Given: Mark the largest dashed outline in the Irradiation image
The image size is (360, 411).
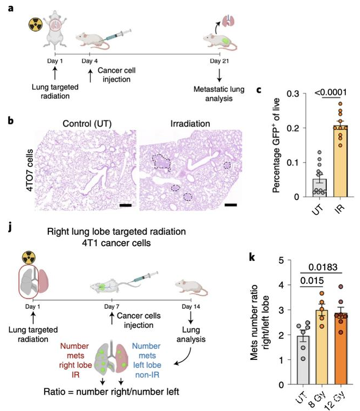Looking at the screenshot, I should click(162, 161).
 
